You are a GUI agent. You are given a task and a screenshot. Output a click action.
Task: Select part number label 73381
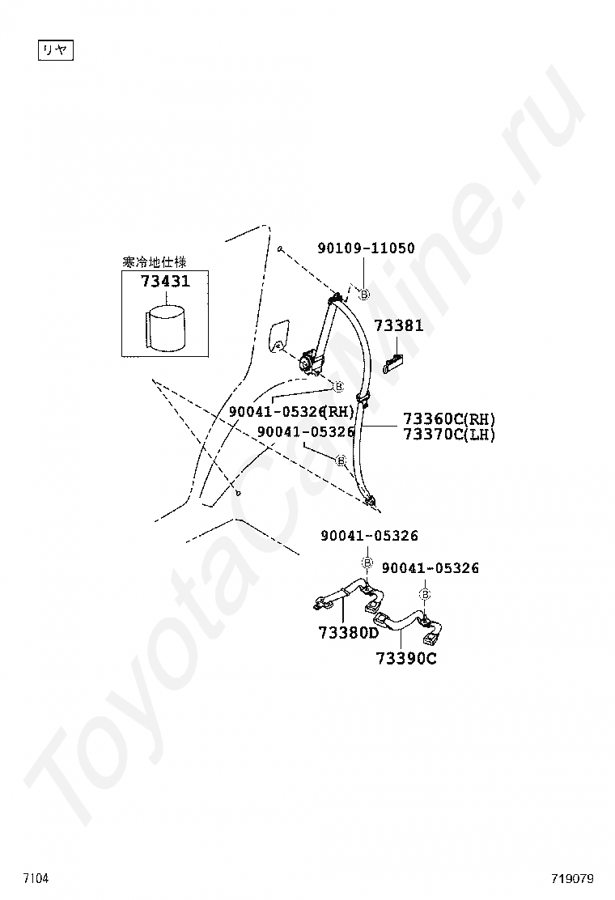[398, 326]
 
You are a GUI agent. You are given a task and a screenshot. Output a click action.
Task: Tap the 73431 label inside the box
[165, 282]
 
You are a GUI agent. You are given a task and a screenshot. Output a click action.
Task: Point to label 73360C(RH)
[449, 419]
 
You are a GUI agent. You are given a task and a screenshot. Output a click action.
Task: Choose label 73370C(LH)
[449, 435]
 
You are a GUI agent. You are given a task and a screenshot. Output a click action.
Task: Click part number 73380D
[347, 633]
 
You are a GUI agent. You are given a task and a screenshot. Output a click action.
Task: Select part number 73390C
[405, 659]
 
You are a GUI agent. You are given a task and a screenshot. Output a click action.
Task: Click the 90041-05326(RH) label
[291, 411]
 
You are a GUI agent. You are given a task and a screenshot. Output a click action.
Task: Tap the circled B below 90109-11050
[364, 295]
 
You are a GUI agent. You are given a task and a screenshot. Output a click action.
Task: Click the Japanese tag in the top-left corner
[56, 51]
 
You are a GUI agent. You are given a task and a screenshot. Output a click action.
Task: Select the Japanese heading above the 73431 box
[154, 262]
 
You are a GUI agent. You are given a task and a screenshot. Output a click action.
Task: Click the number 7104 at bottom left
[36, 878]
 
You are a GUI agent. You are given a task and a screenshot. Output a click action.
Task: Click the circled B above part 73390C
[425, 595]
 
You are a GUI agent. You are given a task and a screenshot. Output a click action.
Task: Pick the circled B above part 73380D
[367, 562]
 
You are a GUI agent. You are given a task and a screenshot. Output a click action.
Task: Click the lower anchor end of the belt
[371, 502]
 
